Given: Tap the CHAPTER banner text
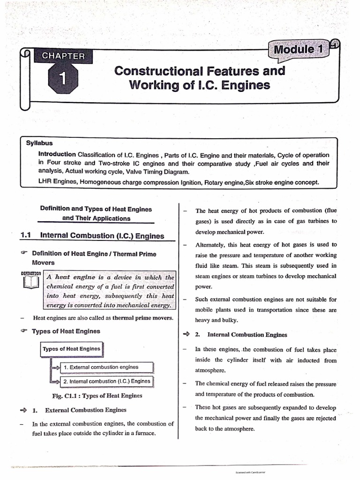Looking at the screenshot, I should pyautogui.click(x=63, y=56).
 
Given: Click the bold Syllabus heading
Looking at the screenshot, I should pyautogui.click(x=39, y=144).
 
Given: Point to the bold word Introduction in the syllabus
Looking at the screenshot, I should pyautogui.click(x=57, y=154).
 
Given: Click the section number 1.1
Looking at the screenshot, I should pyautogui.click(x=25, y=236).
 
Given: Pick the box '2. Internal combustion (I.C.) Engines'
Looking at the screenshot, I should pyautogui.click(x=106, y=381).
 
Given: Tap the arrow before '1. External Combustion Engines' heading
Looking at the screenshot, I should pyautogui.click(x=23, y=410).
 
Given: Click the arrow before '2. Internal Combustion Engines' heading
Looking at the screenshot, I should pyautogui.click(x=186, y=335).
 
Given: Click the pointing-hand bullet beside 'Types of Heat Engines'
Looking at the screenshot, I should pyautogui.click(x=24, y=331).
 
